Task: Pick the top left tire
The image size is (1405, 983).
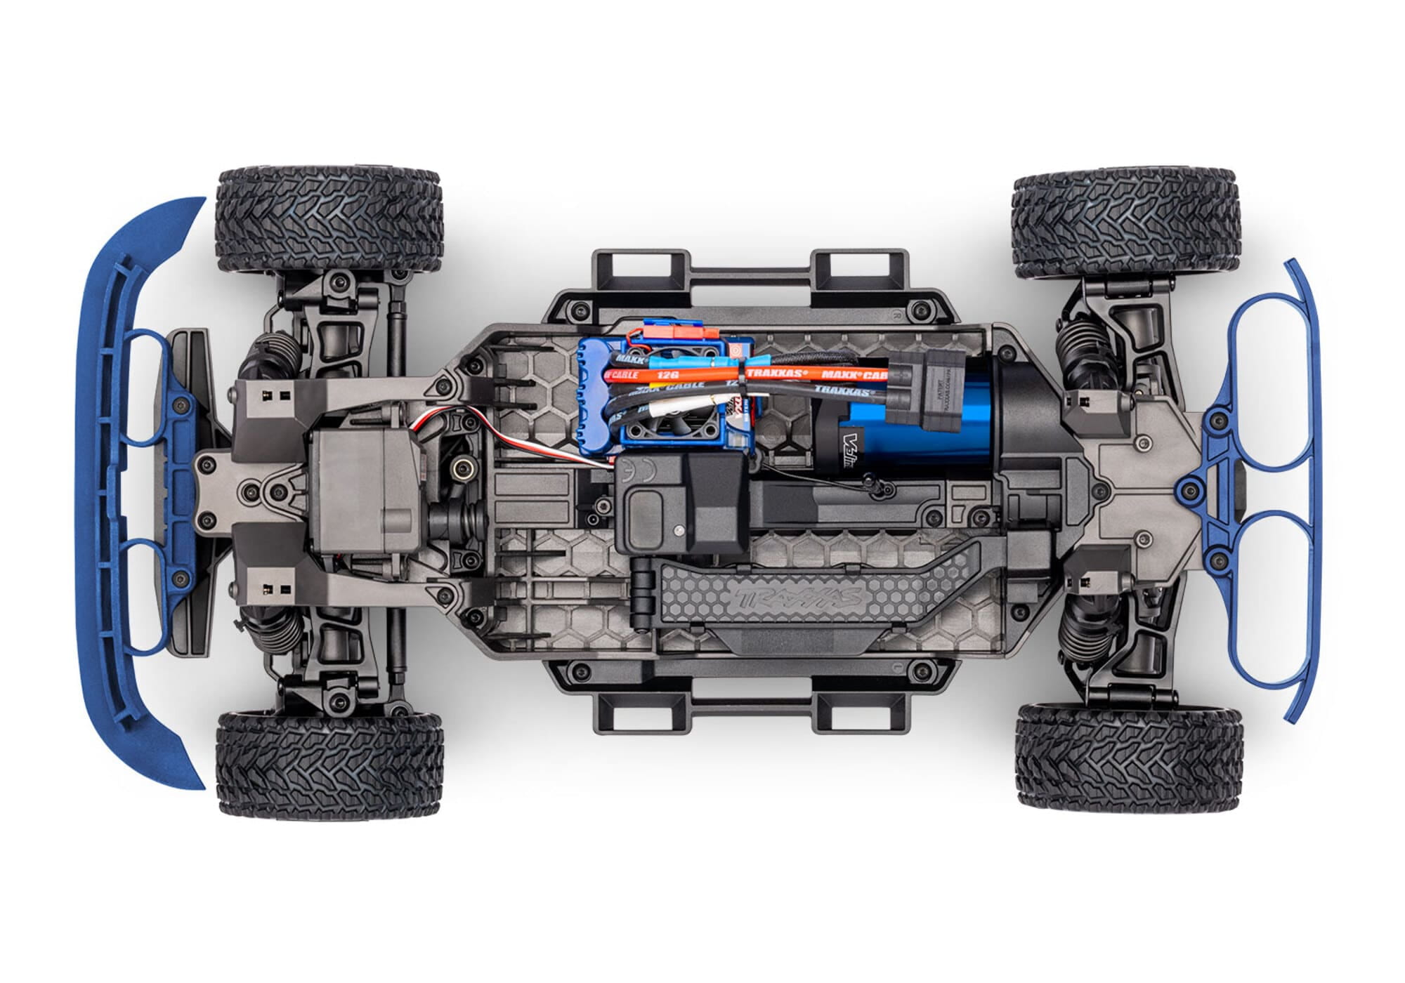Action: coord(329,219)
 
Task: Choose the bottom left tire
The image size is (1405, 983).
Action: coord(329,764)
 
